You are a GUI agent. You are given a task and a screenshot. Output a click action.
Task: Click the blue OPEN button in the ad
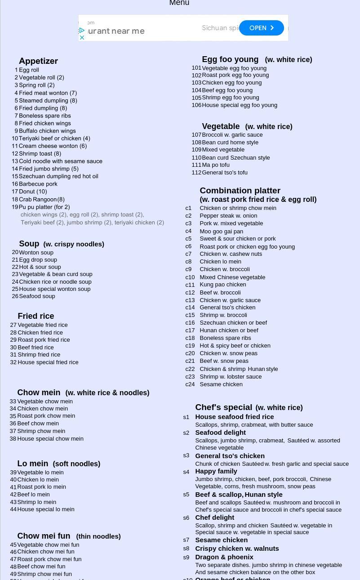(261, 28)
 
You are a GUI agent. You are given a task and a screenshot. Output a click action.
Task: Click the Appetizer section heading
(38, 61)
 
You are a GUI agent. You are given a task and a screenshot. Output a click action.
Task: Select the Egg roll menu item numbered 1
(29, 70)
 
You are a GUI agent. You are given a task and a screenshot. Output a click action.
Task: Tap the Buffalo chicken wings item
(47, 131)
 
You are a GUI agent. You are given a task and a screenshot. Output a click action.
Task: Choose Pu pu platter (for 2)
(44, 207)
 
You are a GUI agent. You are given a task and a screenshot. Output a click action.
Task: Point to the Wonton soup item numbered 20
(36, 253)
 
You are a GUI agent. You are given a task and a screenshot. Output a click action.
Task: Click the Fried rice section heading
(36, 316)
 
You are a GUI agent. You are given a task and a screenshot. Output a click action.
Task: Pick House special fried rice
(48, 362)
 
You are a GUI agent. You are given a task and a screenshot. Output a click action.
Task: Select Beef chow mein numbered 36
(38, 424)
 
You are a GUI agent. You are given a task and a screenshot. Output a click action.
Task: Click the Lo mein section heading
(32, 464)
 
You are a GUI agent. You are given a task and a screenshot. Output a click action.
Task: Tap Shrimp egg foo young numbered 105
(230, 98)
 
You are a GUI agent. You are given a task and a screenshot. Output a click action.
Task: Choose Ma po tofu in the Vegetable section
(215, 165)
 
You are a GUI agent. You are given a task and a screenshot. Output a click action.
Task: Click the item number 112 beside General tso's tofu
(196, 173)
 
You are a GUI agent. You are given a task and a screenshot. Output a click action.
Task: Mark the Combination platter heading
(240, 191)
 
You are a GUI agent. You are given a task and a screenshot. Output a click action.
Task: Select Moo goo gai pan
(221, 232)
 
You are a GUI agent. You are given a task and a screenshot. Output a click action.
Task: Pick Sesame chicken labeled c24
(221, 384)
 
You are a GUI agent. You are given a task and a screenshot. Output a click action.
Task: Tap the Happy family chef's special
(216, 471)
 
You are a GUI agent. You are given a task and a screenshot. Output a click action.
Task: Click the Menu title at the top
(179, 3)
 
